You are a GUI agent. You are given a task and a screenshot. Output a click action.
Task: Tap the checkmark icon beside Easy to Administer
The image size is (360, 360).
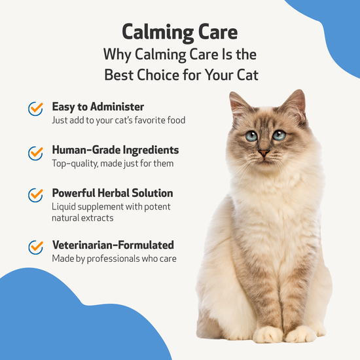click(35, 109)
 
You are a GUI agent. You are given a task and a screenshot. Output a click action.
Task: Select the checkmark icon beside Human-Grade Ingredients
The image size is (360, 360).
click(35, 153)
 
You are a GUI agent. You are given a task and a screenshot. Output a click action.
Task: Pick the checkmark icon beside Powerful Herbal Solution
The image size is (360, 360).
click(35, 196)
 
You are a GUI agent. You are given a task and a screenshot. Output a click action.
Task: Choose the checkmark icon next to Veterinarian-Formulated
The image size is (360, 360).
click(35, 247)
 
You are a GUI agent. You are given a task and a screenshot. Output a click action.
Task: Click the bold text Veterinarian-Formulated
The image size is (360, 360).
click(113, 245)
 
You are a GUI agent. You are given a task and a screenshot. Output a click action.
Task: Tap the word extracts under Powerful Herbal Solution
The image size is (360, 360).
click(98, 217)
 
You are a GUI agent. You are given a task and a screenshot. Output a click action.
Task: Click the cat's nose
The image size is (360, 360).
click(263, 152)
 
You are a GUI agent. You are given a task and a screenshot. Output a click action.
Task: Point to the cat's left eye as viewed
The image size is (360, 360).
click(251, 135)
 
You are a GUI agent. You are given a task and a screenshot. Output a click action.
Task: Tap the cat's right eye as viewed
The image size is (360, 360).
click(279, 135)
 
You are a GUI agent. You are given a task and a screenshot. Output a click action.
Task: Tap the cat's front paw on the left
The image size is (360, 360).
click(268, 334)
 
